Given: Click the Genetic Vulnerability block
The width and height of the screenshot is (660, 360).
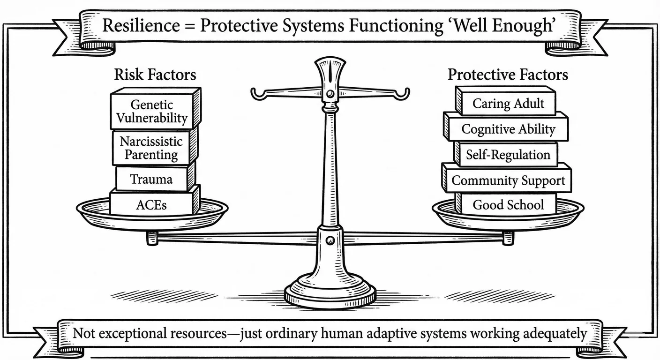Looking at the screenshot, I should pos(152,111).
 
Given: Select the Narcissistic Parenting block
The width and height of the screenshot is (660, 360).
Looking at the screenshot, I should pos(151,148).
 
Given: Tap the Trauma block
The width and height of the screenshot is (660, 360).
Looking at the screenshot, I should pos(151,179).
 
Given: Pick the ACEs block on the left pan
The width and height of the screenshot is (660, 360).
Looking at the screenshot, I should pos(152,204).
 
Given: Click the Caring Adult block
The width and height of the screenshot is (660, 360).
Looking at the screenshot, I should pos(508,103).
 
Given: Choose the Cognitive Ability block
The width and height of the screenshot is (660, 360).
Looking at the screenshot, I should pos(508,129).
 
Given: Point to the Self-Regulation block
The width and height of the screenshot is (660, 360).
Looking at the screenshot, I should pos(508,155).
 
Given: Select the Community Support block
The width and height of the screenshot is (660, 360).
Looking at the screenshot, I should pos(508,180).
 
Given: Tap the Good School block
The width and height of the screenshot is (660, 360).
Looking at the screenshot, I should pos(508,204).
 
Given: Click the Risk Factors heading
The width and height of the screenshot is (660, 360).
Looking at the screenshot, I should pos(155,75).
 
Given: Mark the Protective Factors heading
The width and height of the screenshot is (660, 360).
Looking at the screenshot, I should pos(508,75).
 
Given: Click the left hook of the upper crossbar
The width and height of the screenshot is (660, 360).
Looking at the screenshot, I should pos(257,95).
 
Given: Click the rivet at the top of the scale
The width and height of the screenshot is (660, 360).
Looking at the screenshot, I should pos(330,94).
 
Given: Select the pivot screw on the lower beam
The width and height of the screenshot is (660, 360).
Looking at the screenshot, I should pos(330,240).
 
